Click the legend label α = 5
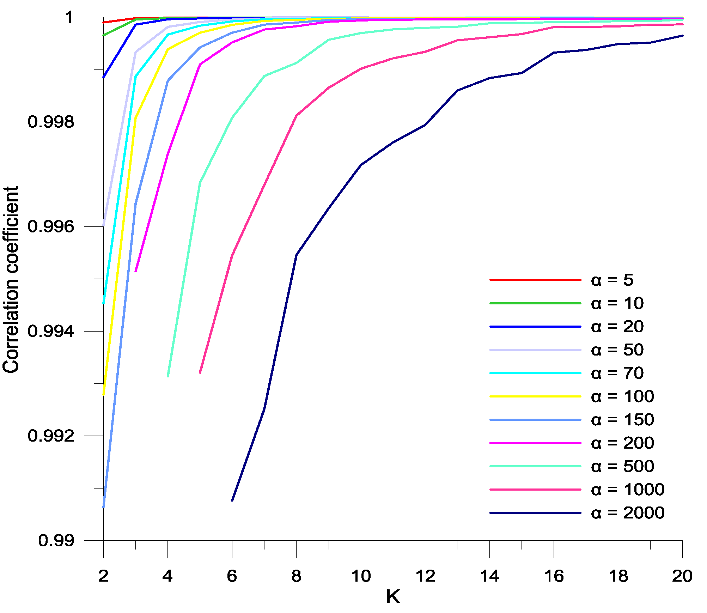tap(612, 280)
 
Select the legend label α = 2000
tap(627, 513)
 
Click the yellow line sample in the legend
tap(535, 396)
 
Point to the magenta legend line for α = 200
tap(535, 443)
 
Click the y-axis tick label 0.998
tap(51, 122)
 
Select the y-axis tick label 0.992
tap(51, 436)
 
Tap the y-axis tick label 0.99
tap(56, 540)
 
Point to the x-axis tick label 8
tap(296, 576)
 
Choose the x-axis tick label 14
tap(489, 576)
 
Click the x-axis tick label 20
tap(682, 576)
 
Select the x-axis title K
tap(393, 597)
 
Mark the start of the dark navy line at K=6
tap(232, 500)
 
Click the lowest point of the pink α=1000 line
tap(200, 372)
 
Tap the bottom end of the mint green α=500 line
tap(168, 376)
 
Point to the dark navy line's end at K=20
tap(682, 36)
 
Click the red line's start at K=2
tap(104, 22)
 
